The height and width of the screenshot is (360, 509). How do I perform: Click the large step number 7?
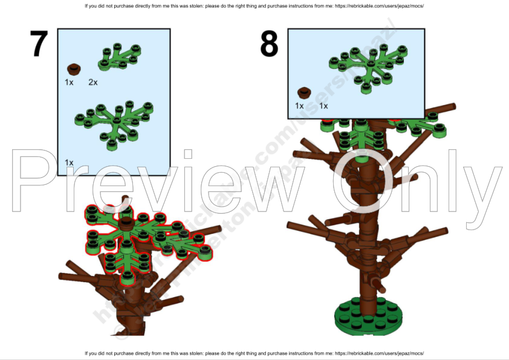pyautogui.click(x=39, y=43)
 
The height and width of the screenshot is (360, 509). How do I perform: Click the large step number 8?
pyautogui.click(x=269, y=43)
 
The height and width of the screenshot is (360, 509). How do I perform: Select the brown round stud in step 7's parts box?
pyautogui.click(x=74, y=68)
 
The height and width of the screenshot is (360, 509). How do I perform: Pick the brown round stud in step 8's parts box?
pyautogui.click(x=304, y=93)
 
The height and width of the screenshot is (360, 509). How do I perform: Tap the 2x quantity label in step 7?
pyautogui.click(x=93, y=82)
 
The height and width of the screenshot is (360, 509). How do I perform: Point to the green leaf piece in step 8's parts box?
pyautogui.click(x=361, y=66)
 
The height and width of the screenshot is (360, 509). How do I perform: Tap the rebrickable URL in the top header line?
pyautogui.click(x=378, y=6)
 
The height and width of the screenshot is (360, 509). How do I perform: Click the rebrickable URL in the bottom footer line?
pyautogui.click(x=378, y=353)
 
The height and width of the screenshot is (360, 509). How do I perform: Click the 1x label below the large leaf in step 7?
pyautogui.click(x=69, y=162)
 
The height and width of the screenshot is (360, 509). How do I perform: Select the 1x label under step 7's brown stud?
pyautogui.click(x=69, y=82)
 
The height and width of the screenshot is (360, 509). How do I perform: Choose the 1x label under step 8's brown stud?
pyautogui.click(x=299, y=106)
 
